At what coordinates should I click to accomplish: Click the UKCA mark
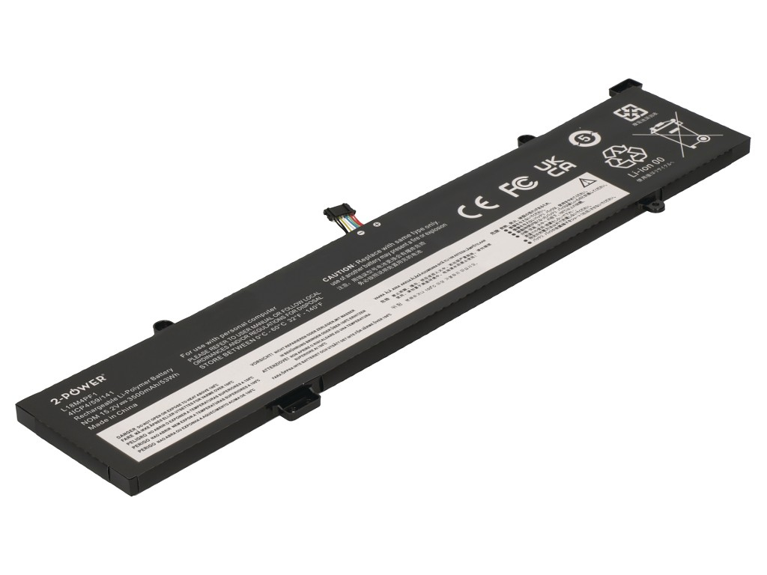click(555, 168)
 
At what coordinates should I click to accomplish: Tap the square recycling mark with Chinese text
click(630, 114)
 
